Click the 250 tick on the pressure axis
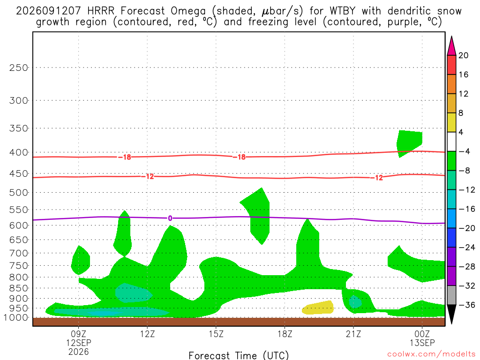coord(19,67)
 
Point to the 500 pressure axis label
coord(19,193)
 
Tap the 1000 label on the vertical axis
coord(16,318)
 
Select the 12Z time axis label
coord(147,334)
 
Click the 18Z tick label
coord(285,334)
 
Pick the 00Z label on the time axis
coord(422,334)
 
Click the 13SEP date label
coord(422,343)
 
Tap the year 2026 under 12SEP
coord(79,352)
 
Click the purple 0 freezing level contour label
coord(170,218)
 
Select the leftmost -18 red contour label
coord(125,157)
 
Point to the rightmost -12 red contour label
coord(377,178)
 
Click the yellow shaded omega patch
coord(318,308)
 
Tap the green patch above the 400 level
coord(409,142)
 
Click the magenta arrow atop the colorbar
coord(451,46)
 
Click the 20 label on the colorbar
coord(464,55)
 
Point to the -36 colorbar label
coord(467,305)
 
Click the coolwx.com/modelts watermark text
coord(431,354)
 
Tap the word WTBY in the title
coord(343,11)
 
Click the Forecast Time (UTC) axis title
coord(239,355)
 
